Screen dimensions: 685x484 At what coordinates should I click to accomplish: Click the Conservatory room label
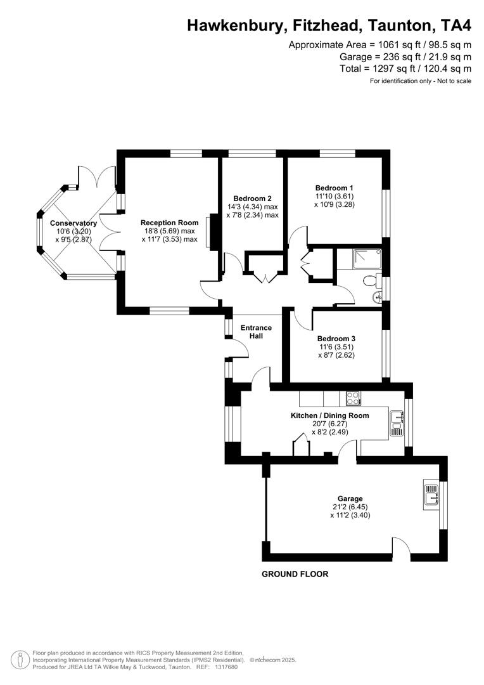pyautogui.click(x=73, y=223)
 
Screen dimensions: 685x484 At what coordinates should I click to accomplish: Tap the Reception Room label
pyautogui.click(x=169, y=223)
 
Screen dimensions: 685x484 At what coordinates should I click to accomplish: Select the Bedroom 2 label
pyautogui.click(x=252, y=198)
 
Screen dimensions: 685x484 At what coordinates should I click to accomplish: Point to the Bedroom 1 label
pyautogui.click(x=334, y=188)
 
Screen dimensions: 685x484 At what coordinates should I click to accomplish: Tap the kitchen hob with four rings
pyautogui.click(x=353, y=399)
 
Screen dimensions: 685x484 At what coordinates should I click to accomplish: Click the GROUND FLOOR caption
pyautogui.click(x=295, y=574)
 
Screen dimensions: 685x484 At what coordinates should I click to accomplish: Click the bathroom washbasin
pyautogui.click(x=378, y=296)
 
